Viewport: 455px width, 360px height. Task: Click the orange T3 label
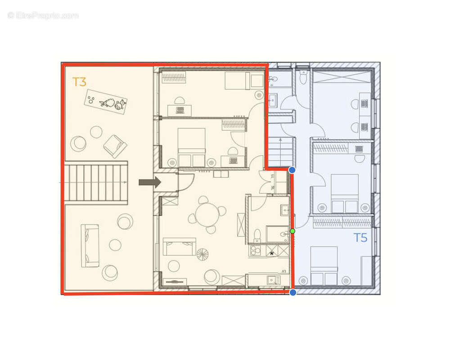coord(79,82)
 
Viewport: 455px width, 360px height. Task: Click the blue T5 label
coord(360,238)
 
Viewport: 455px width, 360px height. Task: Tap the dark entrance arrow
coord(149,182)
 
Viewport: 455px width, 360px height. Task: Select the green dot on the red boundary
coord(293,231)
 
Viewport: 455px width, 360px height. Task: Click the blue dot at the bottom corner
coord(293,292)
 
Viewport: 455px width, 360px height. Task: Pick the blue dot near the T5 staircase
coord(292,170)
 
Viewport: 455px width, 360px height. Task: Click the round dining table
coord(207,214)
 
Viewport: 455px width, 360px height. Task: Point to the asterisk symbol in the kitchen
coord(272,254)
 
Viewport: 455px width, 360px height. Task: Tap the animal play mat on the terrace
coord(106,102)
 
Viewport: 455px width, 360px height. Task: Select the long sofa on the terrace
coord(90,245)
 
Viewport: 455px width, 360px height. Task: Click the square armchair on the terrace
coord(115,146)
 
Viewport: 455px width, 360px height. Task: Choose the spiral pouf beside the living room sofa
coord(203,255)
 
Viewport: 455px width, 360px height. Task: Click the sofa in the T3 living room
coord(179,247)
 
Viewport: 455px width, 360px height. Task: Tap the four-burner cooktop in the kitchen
coord(255,251)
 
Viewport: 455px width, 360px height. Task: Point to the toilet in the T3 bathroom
coord(257,234)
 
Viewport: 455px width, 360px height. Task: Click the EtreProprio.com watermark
coord(43,16)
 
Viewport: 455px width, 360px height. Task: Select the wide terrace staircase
coord(96,182)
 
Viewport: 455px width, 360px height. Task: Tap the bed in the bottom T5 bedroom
coord(324,265)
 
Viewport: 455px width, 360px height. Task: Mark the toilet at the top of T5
coord(303,78)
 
